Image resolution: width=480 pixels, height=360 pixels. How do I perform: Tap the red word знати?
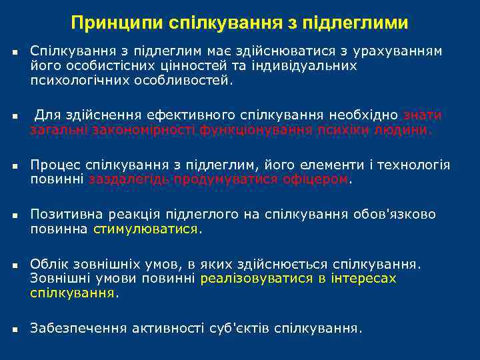click(x=422, y=115)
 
